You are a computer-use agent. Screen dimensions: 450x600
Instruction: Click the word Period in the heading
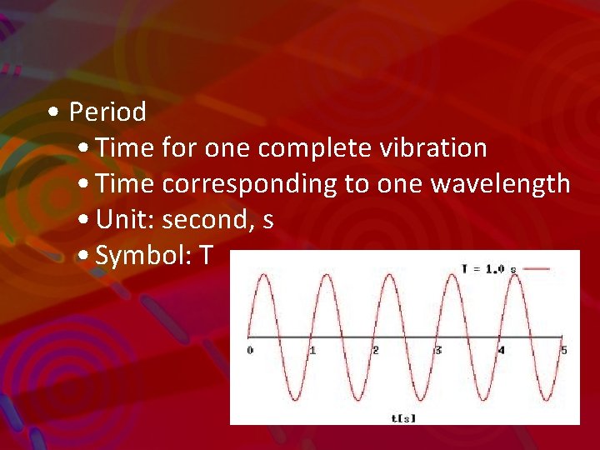pyautogui.click(x=107, y=112)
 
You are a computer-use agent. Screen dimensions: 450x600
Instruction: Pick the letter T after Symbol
pyautogui.click(x=205, y=257)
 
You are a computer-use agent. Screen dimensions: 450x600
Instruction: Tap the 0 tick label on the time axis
pyautogui.click(x=250, y=350)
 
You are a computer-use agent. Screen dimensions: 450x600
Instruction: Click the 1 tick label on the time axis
pyautogui.click(x=312, y=350)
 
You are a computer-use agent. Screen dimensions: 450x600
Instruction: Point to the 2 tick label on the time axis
pyautogui.click(x=376, y=350)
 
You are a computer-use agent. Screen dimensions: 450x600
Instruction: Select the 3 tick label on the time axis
pyautogui.click(x=438, y=350)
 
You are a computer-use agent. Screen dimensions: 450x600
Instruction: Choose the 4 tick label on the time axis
pyautogui.click(x=501, y=350)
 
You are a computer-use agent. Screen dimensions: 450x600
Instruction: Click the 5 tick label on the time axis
pyautogui.click(x=564, y=350)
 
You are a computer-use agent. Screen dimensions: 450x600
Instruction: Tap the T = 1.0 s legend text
pyautogui.click(x=488, y=268)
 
